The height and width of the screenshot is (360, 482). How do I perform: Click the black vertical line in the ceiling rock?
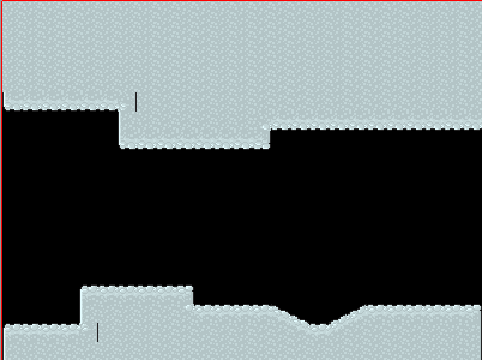tap(136, 101)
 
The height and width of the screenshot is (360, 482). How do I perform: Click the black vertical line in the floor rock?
tap(98, 332)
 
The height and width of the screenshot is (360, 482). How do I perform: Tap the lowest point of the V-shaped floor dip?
tap(320, 326)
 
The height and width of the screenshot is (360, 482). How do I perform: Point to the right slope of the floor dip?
tap(347, 316)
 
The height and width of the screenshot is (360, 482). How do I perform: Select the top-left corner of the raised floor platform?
tap(82, 288)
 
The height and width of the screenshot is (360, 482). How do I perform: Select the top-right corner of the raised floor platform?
tap(192, 288)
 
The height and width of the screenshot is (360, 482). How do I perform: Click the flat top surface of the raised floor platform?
tap(137, 288)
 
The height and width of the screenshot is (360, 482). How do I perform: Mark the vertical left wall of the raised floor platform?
tap(81, 307)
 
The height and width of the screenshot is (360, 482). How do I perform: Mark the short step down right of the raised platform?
tap(192, 298)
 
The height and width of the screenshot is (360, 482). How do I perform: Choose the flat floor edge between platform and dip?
tap(234, 307)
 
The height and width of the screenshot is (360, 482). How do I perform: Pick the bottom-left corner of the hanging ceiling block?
tap(120, 146)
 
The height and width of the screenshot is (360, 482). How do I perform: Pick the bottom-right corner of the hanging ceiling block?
tap(269, 146)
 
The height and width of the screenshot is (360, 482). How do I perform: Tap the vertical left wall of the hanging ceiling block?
tap(120, 127)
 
